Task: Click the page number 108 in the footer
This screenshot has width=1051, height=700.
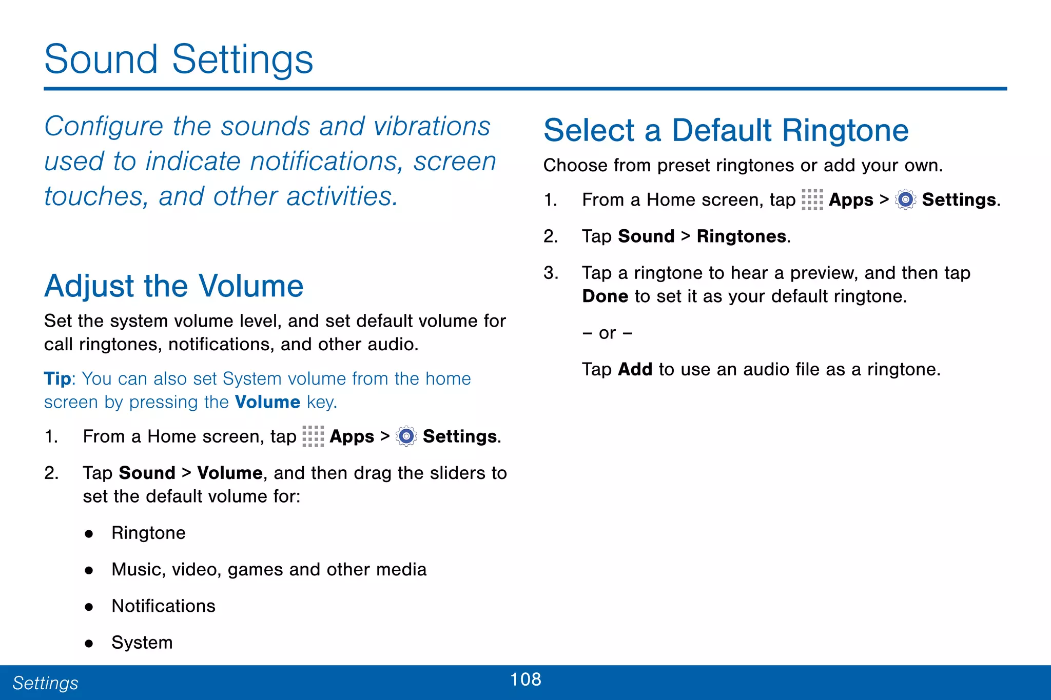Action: point(525,679)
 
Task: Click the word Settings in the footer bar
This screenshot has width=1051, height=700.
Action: point(45,683)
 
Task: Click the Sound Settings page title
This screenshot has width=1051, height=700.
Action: point(179,59)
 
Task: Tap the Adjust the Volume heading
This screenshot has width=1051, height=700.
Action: point(174,286)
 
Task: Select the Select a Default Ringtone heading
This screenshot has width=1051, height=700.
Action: point(726,130)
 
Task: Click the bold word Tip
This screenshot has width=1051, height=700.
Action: point(57,378)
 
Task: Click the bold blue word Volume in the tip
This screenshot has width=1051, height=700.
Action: point(267,402)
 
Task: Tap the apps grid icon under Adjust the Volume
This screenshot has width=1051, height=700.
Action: point(313,436)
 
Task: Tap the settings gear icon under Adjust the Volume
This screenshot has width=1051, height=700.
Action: point(406,436)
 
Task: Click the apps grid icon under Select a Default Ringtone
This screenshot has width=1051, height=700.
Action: point(812,199)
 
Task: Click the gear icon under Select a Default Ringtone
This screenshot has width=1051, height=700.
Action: point(905,199)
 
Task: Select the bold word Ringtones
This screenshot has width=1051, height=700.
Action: point(742,236)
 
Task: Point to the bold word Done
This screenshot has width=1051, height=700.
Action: point(605,296)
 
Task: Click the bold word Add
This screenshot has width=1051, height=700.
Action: point(635,369)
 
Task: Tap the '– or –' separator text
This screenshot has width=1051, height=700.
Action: point(607,333)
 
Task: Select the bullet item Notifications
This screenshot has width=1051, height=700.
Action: point(163,606)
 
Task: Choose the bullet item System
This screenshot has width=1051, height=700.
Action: point(142,643)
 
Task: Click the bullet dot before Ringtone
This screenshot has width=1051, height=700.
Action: point(89,534)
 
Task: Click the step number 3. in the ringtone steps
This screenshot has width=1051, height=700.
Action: point(551,273)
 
